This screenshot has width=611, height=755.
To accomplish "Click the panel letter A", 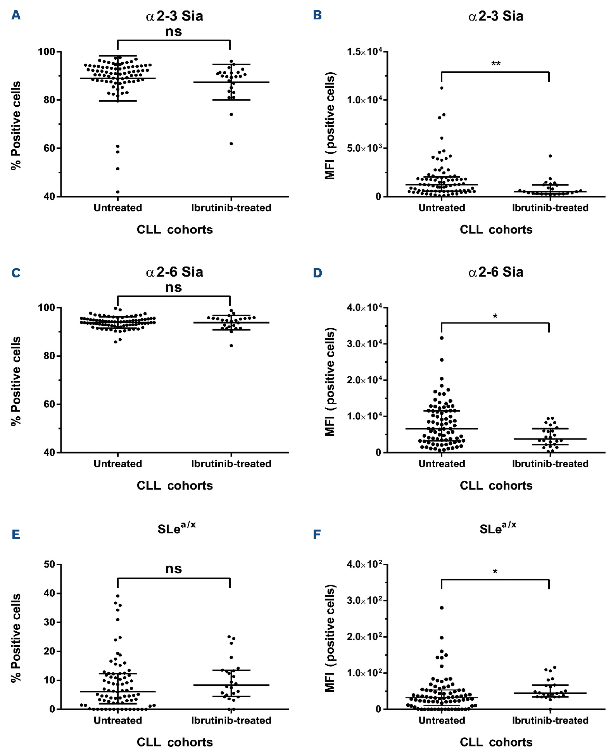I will coord(16,15).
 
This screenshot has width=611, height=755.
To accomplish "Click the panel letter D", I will coord(318,273).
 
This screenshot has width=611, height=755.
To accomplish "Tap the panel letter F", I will coord(317,534).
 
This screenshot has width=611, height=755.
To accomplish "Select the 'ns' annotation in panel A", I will coord(173,31).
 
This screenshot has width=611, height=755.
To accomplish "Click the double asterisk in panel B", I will coord(496,64).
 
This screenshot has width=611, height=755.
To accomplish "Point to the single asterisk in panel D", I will coord(495,317).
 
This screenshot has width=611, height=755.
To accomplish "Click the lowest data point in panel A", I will coord(118,192).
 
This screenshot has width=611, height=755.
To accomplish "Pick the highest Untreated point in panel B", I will coord(442,88).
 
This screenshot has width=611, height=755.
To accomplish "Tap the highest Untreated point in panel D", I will coord(442,338).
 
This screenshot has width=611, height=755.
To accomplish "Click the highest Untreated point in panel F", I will coord(442,608).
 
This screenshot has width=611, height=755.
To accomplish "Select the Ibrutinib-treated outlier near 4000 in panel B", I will coord(550,156).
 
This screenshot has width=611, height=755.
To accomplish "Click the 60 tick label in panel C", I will coord(49,404).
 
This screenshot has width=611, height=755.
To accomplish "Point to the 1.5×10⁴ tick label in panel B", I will coord(364,52).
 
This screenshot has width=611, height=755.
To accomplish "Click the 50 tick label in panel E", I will coord(49,564).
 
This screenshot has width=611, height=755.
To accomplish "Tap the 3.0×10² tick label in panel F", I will coord(364,601).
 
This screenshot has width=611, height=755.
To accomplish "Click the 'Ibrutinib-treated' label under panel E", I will coord(231,720).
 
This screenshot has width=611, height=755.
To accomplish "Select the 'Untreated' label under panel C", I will coord(118,464).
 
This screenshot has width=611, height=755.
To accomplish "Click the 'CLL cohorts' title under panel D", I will coord(496,485).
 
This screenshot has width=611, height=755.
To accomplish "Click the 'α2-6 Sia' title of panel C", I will coord(174,272).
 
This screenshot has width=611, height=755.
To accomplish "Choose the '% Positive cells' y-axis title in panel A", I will coord(16,125).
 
